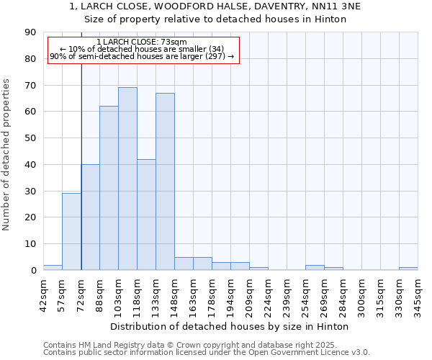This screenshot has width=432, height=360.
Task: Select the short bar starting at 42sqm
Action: (x=53, y=268)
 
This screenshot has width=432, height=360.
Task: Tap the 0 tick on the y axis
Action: (x=33, y=271)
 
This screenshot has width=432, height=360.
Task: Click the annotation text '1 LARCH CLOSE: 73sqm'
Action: (x=142, y=42)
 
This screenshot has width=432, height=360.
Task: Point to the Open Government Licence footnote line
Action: (x=207, y=352)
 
